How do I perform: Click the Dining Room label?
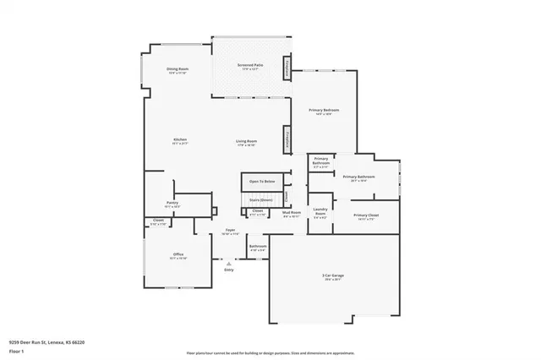177,68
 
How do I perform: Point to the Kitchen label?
180,139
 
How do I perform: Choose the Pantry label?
172,203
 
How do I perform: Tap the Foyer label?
229,230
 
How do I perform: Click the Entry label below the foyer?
229,270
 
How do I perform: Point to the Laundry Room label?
320,210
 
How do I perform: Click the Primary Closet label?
366,215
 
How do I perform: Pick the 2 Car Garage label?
331,277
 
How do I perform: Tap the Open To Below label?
262,182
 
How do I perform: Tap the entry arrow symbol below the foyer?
229,263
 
